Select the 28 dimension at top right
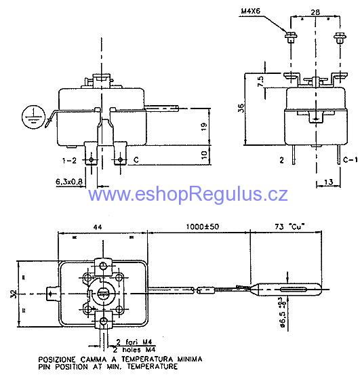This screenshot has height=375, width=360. click(315, 12)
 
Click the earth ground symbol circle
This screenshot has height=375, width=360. click(30, 115)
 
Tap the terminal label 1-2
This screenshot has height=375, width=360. click(71, 160)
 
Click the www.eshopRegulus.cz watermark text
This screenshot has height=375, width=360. click(188, 195)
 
